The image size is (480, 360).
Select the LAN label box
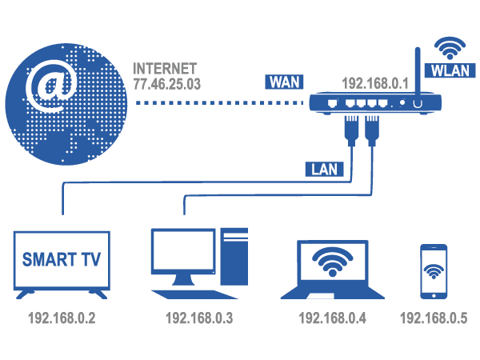click(323, 169)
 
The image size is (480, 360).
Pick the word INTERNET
click(165, 67)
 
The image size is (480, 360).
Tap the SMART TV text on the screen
click(62, 260)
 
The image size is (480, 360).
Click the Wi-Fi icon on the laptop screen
click(331, 259)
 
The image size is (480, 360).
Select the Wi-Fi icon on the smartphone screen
click(434, 270)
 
